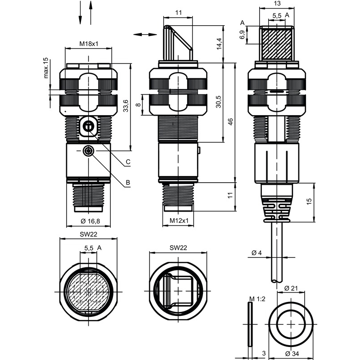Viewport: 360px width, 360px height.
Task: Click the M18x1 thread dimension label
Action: [89, 44]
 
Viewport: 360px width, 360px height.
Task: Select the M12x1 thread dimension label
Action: [179, 221]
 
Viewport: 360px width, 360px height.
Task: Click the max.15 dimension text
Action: [46, 68]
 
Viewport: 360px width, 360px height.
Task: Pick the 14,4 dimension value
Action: [219, 44]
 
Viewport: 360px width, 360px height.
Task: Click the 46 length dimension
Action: [230, 122]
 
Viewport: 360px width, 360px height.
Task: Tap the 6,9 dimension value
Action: [243, 35]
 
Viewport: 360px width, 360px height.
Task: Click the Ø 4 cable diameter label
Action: [257, 253]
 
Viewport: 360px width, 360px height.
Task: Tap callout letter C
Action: [128, 162]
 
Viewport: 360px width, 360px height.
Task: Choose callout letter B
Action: [128, 183]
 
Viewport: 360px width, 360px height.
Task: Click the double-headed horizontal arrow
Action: [144, 34]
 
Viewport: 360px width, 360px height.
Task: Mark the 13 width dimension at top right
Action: [277, 4]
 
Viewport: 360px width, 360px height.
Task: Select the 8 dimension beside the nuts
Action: [138, 104]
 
